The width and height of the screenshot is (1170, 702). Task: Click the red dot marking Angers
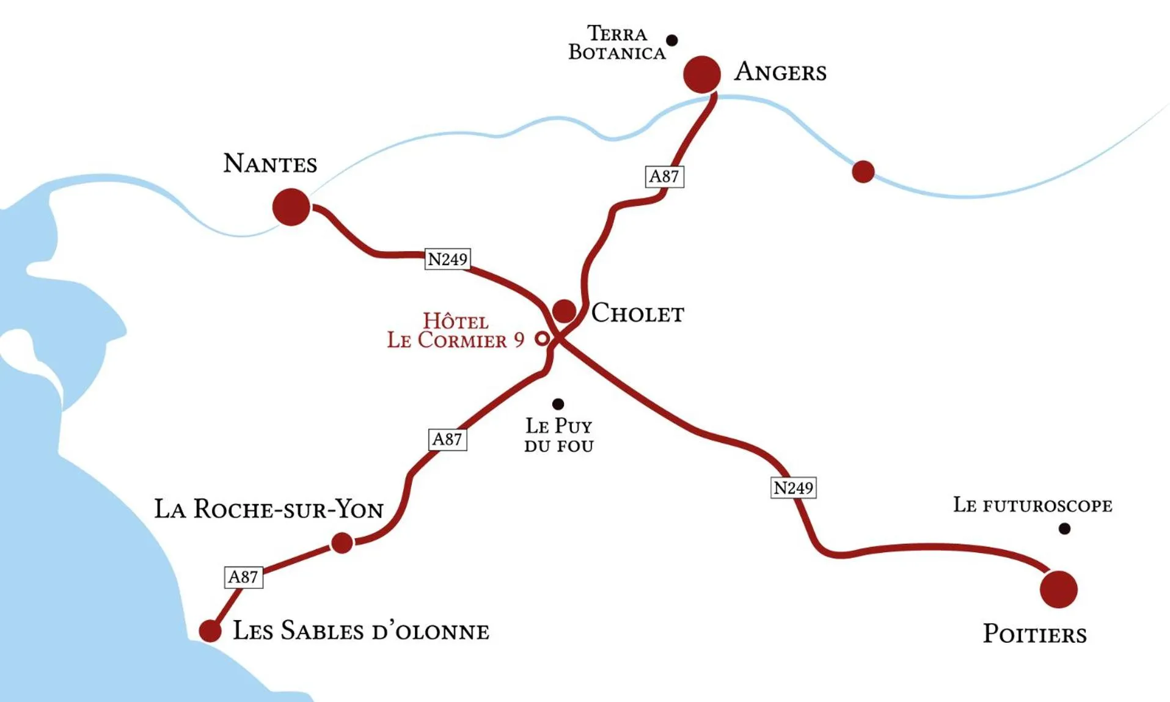pyautogui.click(x=701, y=74)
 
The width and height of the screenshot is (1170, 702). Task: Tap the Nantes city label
pyautogui.click(x=270, y=164)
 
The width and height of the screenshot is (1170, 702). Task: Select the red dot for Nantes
pyautogui.click(x=291, y=207)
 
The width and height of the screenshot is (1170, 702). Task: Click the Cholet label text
pyautogui.click(x=637, y=313)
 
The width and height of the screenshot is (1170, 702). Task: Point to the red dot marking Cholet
pyautogui.click(x=564, y=311)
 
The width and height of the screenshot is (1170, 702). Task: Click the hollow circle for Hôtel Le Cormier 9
pyautogui.click(x=542, y=338)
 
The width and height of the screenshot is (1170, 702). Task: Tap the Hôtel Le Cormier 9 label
pyautogui.click(x=456, y=331)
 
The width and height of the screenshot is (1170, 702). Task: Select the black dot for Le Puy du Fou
pyautogui.click(x=558, y=404)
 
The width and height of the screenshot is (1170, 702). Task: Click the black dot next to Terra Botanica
pyautogui.click(x=671, y=40)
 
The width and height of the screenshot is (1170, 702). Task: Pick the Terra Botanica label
pyautogui.click(x=617, y=43)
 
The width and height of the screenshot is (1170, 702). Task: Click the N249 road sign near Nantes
pyautogui.click(x=447, y=259)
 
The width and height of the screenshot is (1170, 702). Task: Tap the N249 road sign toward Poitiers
pyautogui.click(x=793, y=488)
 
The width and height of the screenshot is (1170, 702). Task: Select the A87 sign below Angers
pyautogui.click(x=664, y=177)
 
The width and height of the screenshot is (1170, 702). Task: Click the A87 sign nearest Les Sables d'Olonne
pyautogui.click(x=243, y=577)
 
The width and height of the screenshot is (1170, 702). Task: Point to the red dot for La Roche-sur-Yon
pyautogui.click(x=342, y=543)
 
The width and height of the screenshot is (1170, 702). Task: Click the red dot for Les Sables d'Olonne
pyautogui.click(x=210, y=631)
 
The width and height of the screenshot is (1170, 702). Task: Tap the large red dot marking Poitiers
pyautogui.click(x=1058, y=589)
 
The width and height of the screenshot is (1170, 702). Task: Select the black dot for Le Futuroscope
pyautogui.click(x=1064, y=528)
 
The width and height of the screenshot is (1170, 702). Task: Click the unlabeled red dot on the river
pyautogui.click(x=863, y=172)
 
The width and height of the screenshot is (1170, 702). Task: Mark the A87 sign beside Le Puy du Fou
pyautogui.click(x=447, y=439)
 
